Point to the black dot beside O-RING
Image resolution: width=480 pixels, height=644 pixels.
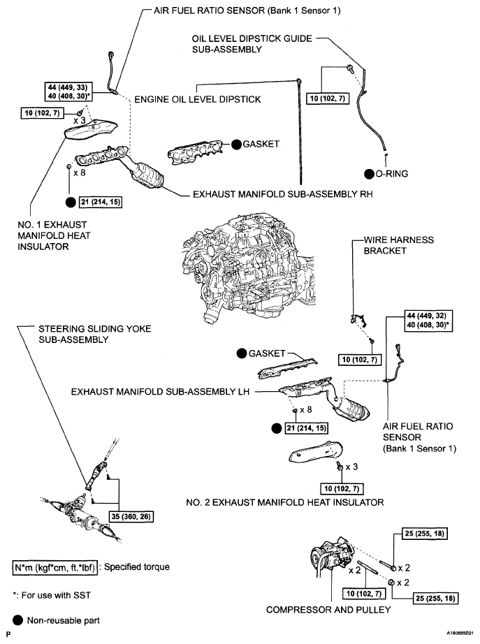[x=369, y=173]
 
